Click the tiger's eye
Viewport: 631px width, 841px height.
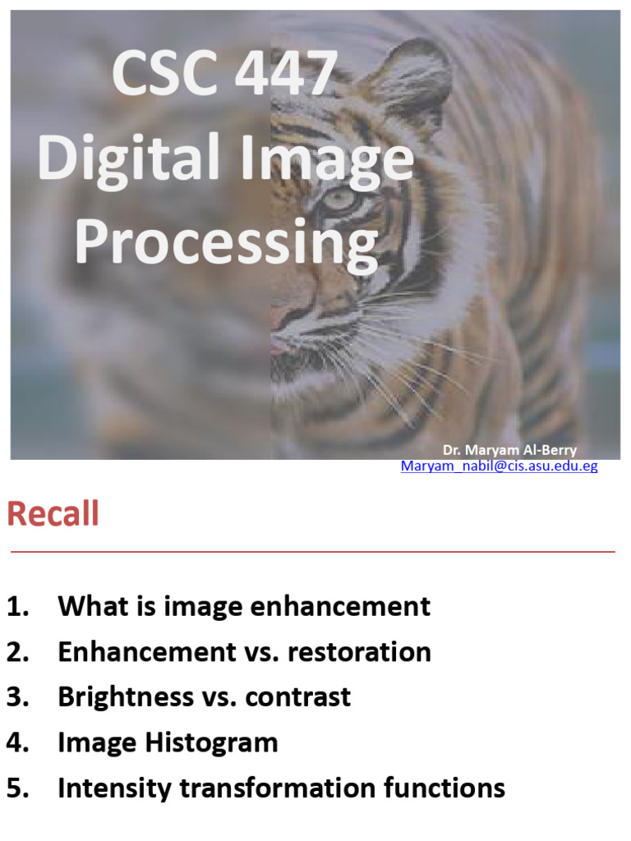pyautogui.click(x=338, y=198)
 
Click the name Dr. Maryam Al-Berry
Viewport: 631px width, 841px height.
pyautogui.click(x=509, y=450)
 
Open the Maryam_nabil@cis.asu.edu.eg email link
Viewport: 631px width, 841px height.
pyautogui.click(x=499, y=466)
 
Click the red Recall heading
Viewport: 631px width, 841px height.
pyautogui.click(x=53, y=515)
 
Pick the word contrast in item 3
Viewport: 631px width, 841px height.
pyautogui.click(x=298, y=697)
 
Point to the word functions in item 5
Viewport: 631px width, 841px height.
pyautogui.click(x=444, y=788)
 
